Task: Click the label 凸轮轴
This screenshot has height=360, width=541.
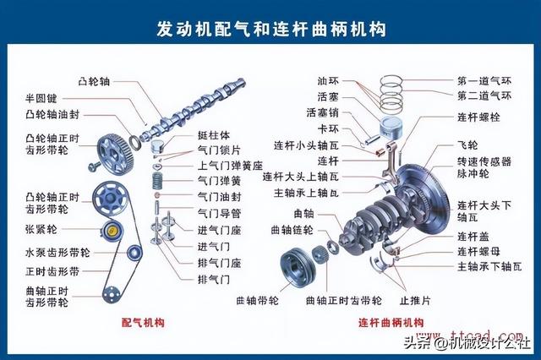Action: [94, 82]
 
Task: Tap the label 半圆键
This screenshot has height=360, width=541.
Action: [41, 99]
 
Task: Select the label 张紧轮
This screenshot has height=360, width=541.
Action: [41, 229]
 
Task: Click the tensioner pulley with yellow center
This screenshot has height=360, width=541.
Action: [112, 230]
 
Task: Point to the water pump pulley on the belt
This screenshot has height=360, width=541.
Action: [134, 253]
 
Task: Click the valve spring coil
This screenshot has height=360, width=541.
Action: [157, 180]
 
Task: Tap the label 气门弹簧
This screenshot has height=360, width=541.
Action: [219, 181]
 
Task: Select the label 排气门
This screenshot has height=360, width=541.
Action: [214, 279]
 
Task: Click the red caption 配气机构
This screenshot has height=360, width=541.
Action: [143, 323]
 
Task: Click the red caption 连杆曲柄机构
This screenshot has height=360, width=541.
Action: [391, 323]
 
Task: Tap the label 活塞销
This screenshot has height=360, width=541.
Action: [323, 112]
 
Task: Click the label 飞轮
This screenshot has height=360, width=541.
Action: [467, 145]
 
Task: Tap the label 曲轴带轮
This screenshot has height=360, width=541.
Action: [257, 300]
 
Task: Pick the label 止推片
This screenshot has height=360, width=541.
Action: [415, 300]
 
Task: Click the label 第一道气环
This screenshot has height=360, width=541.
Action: [484, 81]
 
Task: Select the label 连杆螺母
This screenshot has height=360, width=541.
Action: [478, 251]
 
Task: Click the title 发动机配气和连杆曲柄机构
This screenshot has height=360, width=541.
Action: [271, 29]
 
